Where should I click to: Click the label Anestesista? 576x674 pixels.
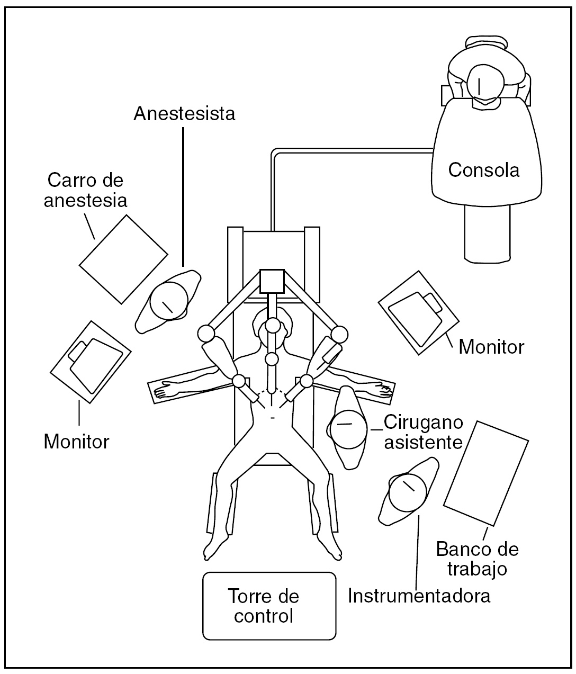[x=184, y=114]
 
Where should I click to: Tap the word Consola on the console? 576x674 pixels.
[x=483, y=170]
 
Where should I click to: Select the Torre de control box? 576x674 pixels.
[x=269, y=606]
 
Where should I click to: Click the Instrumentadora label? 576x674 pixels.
[x=419, y=596]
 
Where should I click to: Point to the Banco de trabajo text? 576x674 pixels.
[x=477, y=559]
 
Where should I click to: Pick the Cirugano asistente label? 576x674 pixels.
[x=423, y=432]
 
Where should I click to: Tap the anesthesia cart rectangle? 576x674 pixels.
[x=124, y=259]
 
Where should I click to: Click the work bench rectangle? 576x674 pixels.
[x=485, y=473]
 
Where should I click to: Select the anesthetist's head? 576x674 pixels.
[x=169, y=300]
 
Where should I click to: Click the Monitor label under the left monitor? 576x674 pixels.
[x=76, y=441]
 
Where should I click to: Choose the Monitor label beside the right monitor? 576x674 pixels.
[x=491, y=347]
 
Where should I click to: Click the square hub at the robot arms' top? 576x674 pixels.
[x=272, y=281]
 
